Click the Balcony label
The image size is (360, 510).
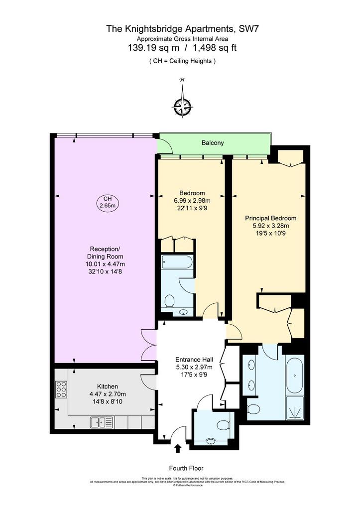(x=213, y=143)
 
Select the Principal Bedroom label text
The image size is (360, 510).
(x=270, y=218)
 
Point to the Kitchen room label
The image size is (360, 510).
(x=108, y=386)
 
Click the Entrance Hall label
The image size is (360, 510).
(x=194, y=360)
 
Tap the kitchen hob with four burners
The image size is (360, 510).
(x=61, y=389)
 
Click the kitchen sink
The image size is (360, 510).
(x=98, y=422)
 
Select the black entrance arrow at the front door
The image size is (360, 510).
(x=178, y=449)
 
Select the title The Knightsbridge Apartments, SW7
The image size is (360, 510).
(x=180, y=29)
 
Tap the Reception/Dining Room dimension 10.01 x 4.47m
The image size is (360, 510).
(x=105, y=264)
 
